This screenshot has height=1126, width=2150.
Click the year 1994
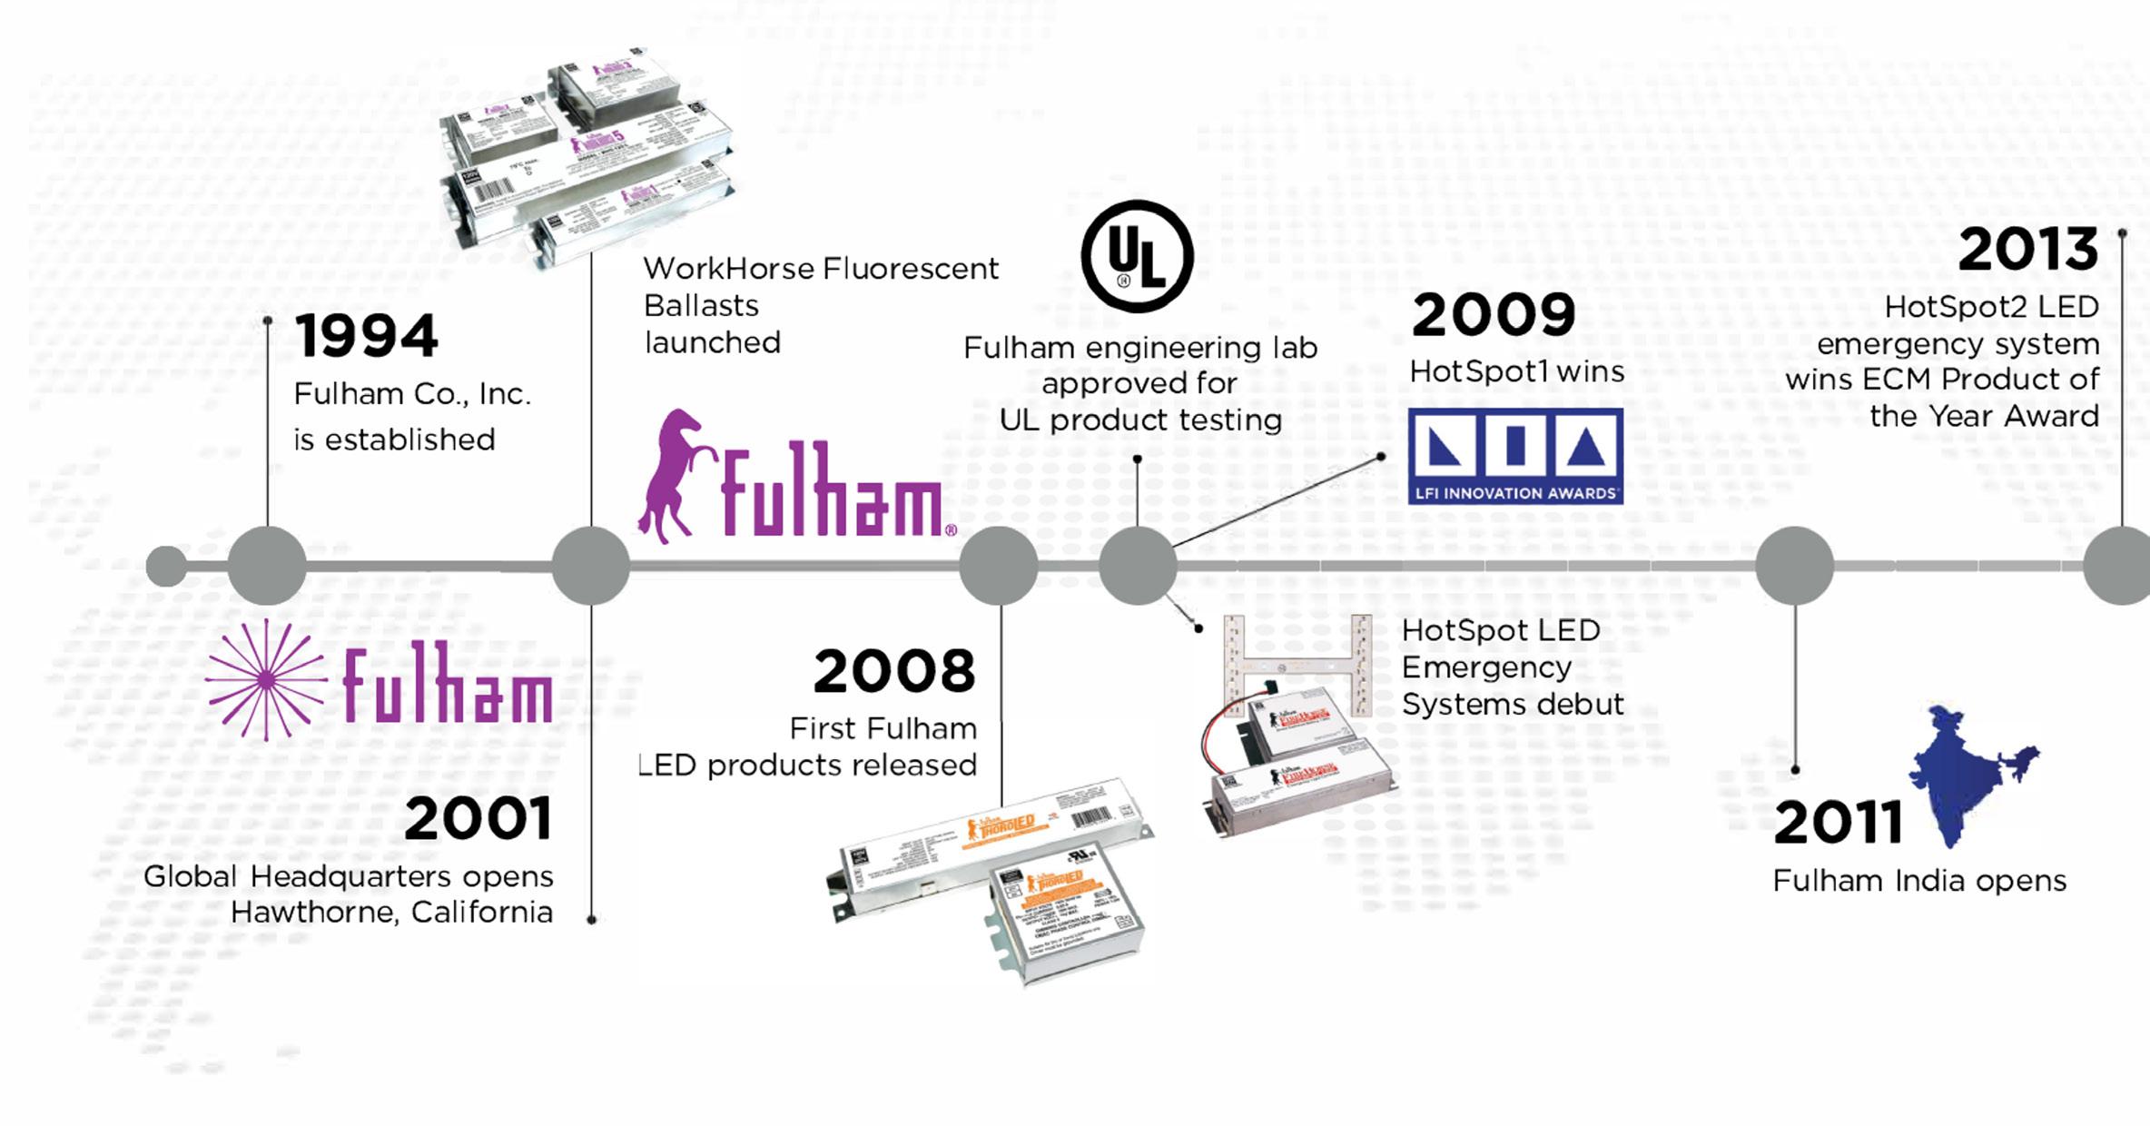pos(366,335)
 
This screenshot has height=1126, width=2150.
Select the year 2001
pos(478,819)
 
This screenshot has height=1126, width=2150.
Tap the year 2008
pos(894,672)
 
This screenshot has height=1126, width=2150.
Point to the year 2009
pos(1494,315)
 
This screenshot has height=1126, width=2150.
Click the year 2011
pos(1838,823)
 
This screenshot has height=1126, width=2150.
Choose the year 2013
pos(2027,250)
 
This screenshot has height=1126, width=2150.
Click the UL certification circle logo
pos(1137,256)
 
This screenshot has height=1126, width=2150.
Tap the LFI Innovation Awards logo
pos(1515,456)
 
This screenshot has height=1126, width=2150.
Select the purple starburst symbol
pos(266,680)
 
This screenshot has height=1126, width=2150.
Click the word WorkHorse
pos(728,269)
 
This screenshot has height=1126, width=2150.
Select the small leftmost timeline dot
pos(165,567)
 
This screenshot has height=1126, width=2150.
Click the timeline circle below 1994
pos(267,566)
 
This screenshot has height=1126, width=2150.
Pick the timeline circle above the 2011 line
pos(1794,566)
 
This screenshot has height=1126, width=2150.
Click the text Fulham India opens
pos(1919,881)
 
